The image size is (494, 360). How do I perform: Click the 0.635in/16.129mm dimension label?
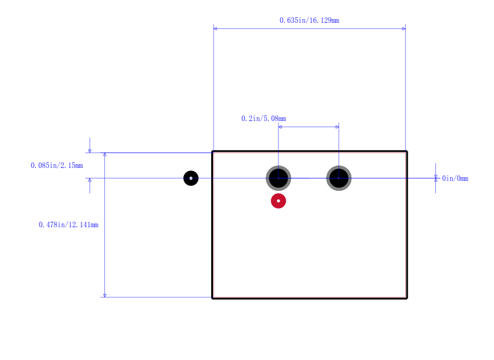pyautogui.click(x=309, y=20)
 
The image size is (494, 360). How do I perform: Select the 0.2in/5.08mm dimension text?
pyautogui.click(x=264, y=119)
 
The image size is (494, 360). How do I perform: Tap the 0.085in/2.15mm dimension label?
pyautogui.click(x=57, y=165)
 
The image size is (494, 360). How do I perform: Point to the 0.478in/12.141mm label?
pyautogui.click(x=69, y=225)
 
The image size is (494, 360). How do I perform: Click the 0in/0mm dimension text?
pyautogui.click(x=455, y=178)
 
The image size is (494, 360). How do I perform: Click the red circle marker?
pyautogui.click(x=278, y=201)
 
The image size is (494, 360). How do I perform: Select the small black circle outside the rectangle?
pyautogui.click(x=191, y=178)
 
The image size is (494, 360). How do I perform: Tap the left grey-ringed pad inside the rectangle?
pyautogui.click(x=278, y=178)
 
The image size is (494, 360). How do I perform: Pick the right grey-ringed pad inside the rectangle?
pyautogui.click(x=338, y=178)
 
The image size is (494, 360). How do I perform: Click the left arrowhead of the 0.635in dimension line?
pyautogui.click(x=215, y=28)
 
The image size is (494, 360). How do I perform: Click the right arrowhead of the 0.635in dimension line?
pyautogui.click(x=404, y=28)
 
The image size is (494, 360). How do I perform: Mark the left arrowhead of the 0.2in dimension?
pyautogui.click(x=280, y=127)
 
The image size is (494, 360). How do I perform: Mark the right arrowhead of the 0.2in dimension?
pyautogui.click(x=337, y=127)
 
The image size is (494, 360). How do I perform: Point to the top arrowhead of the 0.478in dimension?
pyautogui.click(x=105, y=154)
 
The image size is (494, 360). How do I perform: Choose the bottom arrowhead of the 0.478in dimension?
pyautogui.click(x=105, y=295)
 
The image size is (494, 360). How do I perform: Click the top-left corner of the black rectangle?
pyautogui.click(x=212, y=151)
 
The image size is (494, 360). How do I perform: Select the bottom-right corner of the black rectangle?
pyautogui.click(x=407, y=298)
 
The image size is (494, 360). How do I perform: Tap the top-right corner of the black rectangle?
pyautogui.click(x=407, y=151)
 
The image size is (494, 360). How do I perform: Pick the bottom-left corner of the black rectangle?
pyautogui.click(x=212, y=298)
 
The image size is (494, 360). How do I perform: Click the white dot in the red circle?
pyautogui.click(x=278, y=201)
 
